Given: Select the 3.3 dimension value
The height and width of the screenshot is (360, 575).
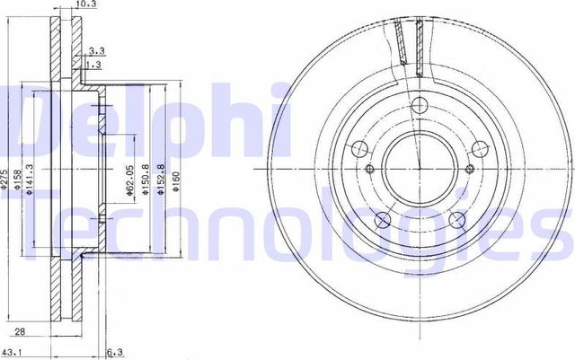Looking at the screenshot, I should pyautogui.click(x=96, y=52).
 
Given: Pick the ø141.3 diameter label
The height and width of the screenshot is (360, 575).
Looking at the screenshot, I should pyautogui.click(x=31, y=180).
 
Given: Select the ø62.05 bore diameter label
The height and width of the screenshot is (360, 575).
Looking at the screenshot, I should pyautogui.click(x=130, y=180).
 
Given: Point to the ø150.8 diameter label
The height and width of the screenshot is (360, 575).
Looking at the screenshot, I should pyautogui.click(x=146, y=180).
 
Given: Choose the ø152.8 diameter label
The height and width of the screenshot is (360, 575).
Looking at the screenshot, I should pyautogui.click(x=162, y=180).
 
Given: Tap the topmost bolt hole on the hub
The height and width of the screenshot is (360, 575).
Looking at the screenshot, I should pyautogui.click(x=417, y=107).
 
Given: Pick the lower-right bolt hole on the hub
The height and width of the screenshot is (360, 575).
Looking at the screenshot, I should pyautogui.click(x=456, y=219).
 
